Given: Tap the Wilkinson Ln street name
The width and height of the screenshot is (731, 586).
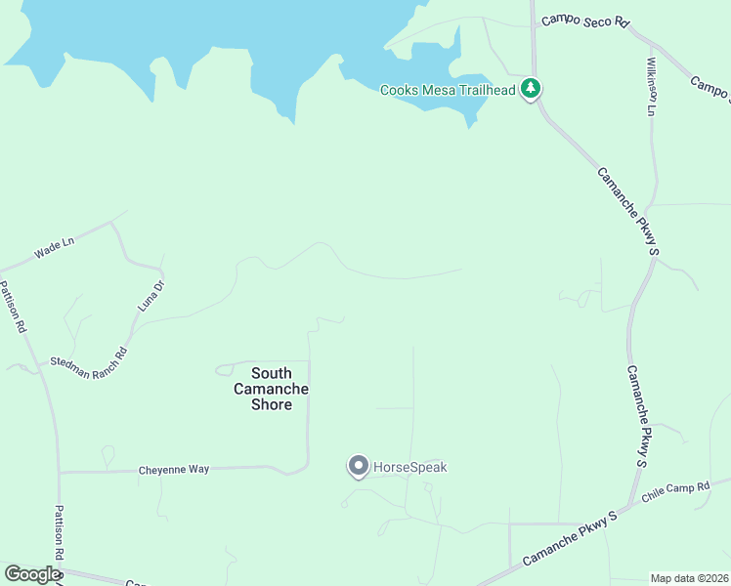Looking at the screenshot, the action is pos(651,86).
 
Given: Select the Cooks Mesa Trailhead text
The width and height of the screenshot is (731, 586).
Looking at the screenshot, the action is pos(448,90).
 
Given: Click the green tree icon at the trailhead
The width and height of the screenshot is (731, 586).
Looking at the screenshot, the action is pos(531,90).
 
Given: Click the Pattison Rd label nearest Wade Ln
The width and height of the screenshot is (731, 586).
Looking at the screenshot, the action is pos(13,308).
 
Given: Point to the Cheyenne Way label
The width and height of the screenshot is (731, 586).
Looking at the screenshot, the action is pos(173,470).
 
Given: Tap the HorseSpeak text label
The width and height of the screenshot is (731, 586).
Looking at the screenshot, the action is pos(410,468).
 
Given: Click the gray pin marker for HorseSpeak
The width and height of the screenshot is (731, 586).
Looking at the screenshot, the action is pos(358,466).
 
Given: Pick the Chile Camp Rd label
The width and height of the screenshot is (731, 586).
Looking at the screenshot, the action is pos(675,493).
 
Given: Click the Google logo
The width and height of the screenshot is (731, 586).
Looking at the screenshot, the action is pos(32,574).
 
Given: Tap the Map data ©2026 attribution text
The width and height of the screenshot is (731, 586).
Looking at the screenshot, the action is pos(689,578).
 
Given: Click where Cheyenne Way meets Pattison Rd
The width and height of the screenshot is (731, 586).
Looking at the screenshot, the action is pos(60,473).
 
